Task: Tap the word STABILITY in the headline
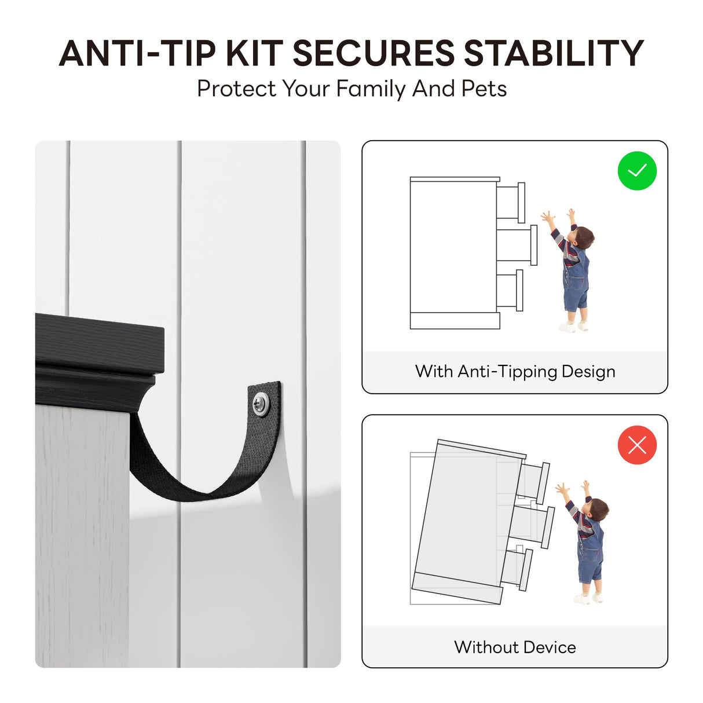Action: pos(554,53)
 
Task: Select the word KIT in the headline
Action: pos(255,53)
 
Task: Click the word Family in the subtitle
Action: pos(371,89)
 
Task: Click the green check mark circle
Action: pos(637,171)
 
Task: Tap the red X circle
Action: pos(637,445)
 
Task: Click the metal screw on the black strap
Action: pos(261,403)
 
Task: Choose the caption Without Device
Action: pos(515,647)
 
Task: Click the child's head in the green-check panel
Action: pos(584,238)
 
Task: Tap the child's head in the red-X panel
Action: pos(599,510)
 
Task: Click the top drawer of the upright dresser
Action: pos(511,203)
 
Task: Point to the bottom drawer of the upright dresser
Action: pos(510,290)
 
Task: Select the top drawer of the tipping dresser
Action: pos(534,482)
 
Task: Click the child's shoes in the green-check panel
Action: pos(574,326)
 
